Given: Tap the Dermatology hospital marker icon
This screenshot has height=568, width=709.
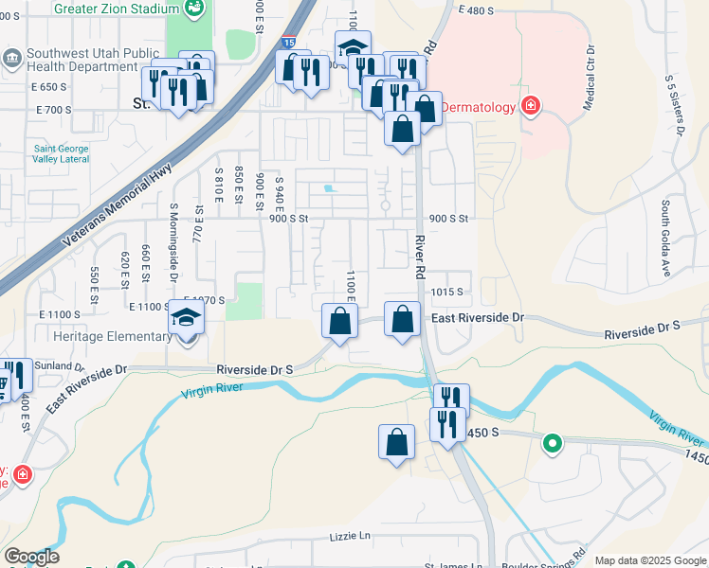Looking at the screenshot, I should (x=530, y=106).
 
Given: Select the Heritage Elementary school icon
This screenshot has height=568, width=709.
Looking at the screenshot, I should (x=187, y=317).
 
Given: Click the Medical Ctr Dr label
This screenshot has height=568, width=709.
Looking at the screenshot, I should (x=589, y=78).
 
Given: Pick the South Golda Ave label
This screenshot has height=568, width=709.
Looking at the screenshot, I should (x=666, y=238).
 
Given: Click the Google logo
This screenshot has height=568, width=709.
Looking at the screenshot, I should (x=31, y=557).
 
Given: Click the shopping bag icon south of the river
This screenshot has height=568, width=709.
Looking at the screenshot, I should (x=396, y=441).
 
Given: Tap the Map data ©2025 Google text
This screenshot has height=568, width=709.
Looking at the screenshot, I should (x=650, y=560).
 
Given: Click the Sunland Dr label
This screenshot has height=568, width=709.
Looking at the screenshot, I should (x=60, y=364).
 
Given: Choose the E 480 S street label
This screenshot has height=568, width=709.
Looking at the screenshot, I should (x=476, y=10).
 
